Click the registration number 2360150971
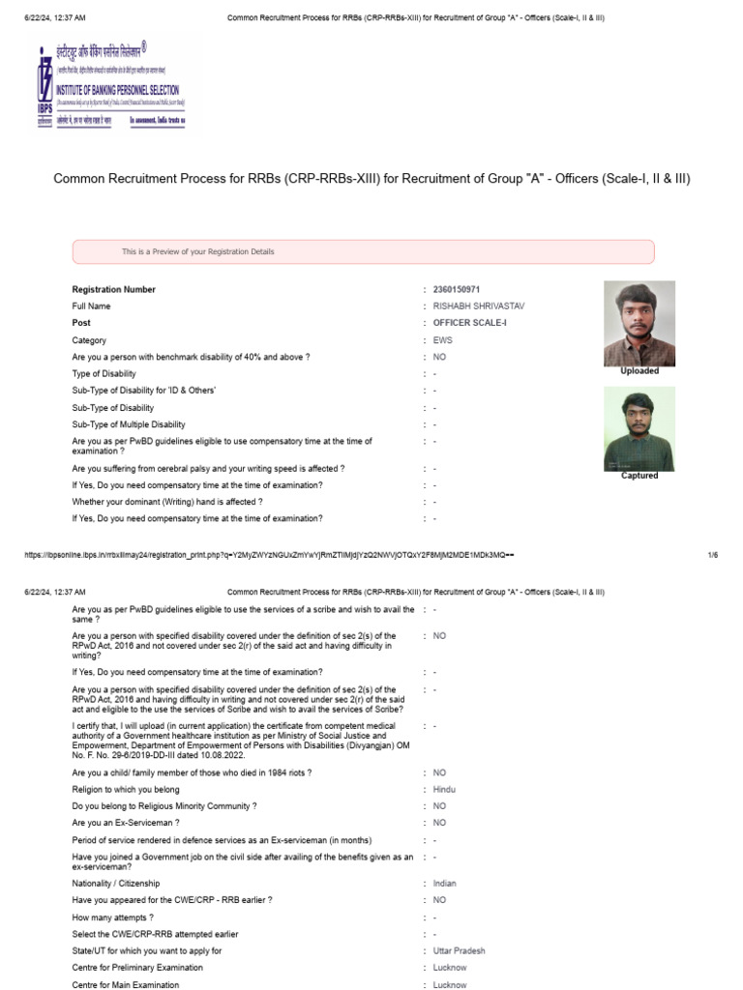(x=457, y=289)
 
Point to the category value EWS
(x=443, y=340)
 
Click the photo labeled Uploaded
(x=639, y=323)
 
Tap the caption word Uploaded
(x=639, y=371)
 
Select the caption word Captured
(x=639, y=476)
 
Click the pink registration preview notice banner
(x=363, y=252)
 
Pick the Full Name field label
(x=94, y=306)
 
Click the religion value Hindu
(x=444, y=790)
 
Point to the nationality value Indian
(x=444, y=884)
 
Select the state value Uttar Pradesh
(x=459, y=951)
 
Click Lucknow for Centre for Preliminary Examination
(x=450, y=968)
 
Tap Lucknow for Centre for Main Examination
(x=450, y=984)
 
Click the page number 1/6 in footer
(x=713, y=555)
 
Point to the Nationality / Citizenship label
(x=116, y=884)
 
